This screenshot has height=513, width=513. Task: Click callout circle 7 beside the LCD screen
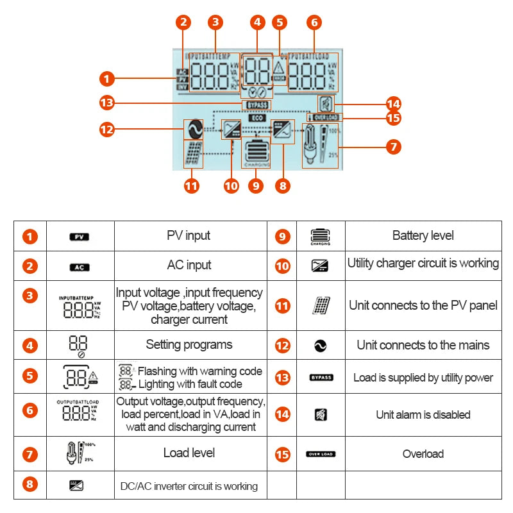(393, 146)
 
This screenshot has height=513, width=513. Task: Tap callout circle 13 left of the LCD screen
(107, 103)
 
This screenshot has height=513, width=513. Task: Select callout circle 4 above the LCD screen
(257, 22)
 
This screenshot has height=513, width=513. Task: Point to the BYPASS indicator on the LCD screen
(256, 105)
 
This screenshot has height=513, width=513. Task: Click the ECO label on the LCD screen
(256, 119)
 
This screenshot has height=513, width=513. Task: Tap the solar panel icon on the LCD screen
(193, 155)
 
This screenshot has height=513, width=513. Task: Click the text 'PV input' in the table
(189, 235)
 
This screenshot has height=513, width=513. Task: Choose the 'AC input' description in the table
(189, 265)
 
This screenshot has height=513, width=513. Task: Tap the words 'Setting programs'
(189, 344)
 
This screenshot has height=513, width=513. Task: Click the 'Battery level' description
(423, 235)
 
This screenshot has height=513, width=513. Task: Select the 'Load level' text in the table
(189, 453)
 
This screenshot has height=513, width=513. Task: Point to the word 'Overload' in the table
(423, 454)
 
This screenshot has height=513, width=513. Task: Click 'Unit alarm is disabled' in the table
(423, 414)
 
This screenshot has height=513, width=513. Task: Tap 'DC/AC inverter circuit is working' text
(189, 486)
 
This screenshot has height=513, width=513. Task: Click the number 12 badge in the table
(283, 345)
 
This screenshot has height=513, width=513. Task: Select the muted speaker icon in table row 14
(321, 414)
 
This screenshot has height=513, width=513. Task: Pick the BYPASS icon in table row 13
(321, 378)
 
